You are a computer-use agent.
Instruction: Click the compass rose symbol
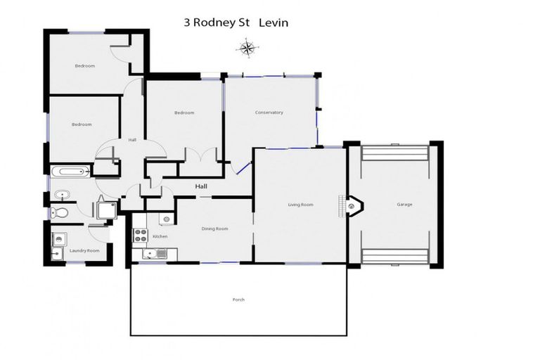[247, 48]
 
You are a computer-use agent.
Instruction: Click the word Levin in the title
[273, 23]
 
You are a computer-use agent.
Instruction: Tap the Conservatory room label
[269, 112]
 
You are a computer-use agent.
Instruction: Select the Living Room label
[300, 205]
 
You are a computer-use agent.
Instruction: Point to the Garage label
[404, 205]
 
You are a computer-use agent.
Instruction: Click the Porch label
[238, 300]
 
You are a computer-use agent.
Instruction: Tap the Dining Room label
[215, 229]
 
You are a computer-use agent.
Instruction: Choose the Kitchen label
[160, 236]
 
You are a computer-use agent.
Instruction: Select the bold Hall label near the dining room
[201, 186]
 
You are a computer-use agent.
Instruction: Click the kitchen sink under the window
[151, 254]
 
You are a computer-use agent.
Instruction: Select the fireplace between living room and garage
[353, 205]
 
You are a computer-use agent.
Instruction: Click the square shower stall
[107, 210]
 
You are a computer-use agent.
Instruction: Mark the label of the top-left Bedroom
[85, 66]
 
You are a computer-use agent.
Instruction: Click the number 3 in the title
[186, 23]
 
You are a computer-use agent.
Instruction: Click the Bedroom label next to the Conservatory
[184, 112]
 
